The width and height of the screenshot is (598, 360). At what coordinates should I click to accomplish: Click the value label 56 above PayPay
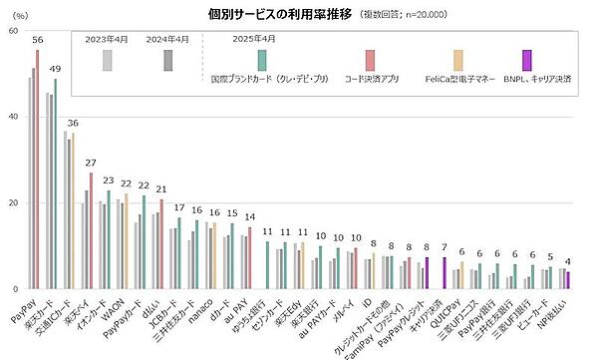click(x=38, y=40)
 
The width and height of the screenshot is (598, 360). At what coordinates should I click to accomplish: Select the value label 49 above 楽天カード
click(x=56, y=69)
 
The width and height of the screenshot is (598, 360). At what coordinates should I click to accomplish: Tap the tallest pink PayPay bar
click(x=38, y=170)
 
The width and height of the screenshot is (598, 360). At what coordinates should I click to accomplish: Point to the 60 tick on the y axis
click(x=12, y=31)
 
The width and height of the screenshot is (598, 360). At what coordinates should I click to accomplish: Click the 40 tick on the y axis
click(x=12, y=118)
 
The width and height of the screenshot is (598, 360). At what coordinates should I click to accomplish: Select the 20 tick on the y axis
click(x=12, y=203)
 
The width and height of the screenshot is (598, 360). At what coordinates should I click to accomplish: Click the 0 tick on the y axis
click(x=15, y=290)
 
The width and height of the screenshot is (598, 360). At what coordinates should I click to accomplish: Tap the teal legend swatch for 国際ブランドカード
click(x=260, y=59)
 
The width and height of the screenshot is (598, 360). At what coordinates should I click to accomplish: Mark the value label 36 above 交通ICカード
click(x=73, y=124)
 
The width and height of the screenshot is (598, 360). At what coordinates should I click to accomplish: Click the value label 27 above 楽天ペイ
click(x=91, y=163)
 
